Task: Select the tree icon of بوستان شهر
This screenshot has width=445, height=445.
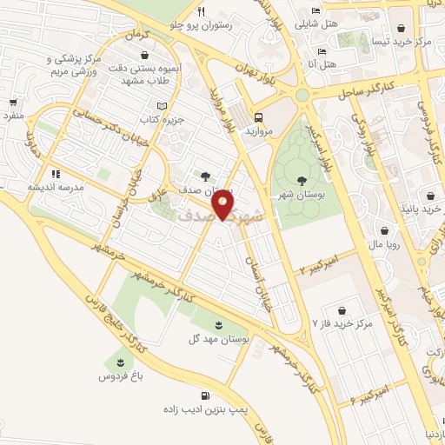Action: (x=301, y=181)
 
